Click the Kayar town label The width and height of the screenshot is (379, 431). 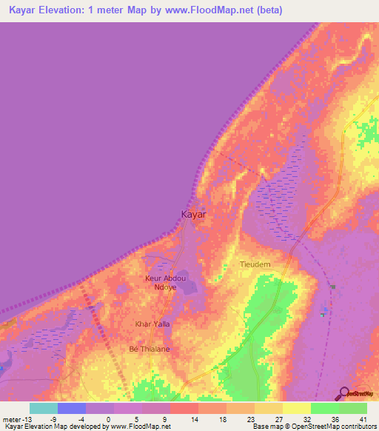(193, 214)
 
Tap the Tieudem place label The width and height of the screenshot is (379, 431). (255, 264)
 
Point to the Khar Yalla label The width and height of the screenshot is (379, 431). (147, 324)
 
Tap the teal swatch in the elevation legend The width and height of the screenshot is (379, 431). (44, 408)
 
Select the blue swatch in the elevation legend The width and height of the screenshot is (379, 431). (72, 408)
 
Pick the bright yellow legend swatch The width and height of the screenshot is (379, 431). (296, 408)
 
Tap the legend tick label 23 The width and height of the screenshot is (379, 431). (229, 419)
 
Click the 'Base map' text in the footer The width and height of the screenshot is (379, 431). (266, 427)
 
